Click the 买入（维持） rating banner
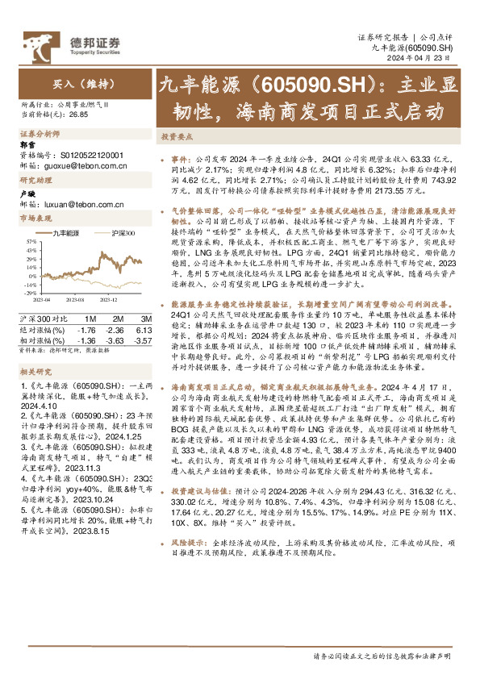[72, 82]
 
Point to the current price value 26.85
[78, 115]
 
